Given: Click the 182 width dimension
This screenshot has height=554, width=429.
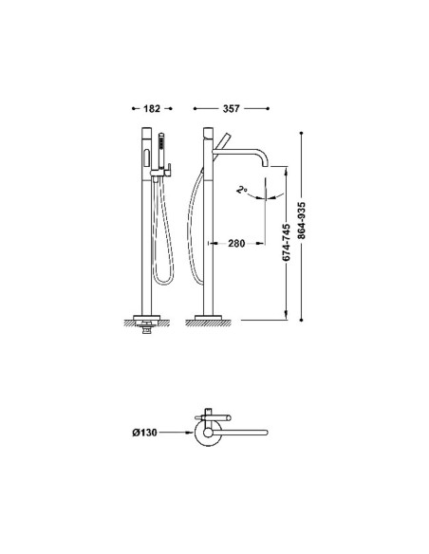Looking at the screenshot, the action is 152,108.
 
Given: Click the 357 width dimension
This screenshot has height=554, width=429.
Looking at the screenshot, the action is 231,108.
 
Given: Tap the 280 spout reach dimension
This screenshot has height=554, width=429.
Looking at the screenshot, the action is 236,243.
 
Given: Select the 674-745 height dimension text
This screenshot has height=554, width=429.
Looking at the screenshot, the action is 287,243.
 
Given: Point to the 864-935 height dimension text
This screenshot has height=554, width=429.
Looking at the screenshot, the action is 301,220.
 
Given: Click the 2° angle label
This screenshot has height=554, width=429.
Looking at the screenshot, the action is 242,190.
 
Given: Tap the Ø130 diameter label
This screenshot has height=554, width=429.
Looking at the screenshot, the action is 144,433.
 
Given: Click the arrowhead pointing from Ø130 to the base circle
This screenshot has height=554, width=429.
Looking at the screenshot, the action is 191,433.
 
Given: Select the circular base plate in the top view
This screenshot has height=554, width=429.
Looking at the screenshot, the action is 208,433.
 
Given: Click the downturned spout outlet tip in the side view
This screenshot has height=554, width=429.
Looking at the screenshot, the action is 265,166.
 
